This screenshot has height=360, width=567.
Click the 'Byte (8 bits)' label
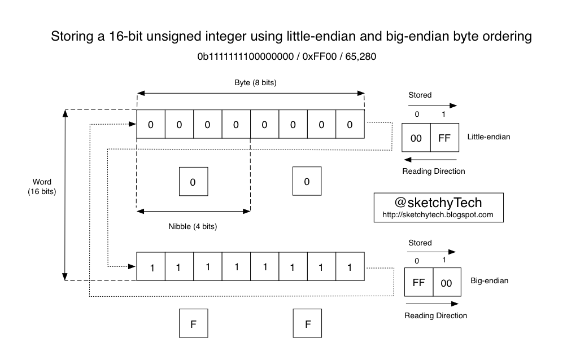[255, 82]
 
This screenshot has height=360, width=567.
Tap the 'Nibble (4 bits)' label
[193, 226]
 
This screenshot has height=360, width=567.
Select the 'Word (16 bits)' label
[42, 187]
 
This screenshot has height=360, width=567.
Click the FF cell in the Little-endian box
[444, 138]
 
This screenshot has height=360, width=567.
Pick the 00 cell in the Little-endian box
[416, 138]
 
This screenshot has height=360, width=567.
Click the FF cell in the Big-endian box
[418, 283]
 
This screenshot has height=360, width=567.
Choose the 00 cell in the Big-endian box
[447, 283]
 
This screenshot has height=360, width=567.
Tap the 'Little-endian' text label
[489, 137]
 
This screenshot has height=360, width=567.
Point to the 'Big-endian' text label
[489, 280]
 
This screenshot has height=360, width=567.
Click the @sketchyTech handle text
[438, 202]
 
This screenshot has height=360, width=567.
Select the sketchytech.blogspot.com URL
[438, 214]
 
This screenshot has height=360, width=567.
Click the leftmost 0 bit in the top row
[151, 124]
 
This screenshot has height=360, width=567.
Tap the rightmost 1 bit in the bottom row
[350, 267]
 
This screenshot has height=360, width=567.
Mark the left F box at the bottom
[193, 324]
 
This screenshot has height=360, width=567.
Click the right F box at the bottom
[307, 324]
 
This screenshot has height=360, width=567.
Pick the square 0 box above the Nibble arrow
[193, 182]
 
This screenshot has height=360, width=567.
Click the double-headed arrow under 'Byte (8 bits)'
[250, 93]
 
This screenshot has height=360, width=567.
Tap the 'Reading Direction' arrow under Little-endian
[430, 160]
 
